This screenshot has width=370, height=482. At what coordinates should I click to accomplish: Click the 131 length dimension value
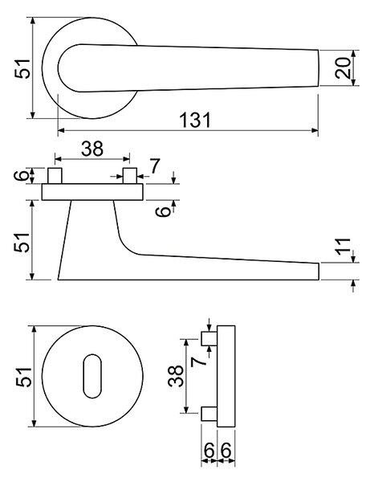tap(195, 120)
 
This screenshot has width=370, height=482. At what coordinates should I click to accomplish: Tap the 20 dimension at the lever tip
tap(343, 67)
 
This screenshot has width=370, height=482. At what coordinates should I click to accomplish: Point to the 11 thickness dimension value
tap(343, 247)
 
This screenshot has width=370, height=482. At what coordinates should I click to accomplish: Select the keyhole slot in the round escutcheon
tap(92, 376)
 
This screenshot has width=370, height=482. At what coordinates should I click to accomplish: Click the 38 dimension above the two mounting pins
tap(92, 149)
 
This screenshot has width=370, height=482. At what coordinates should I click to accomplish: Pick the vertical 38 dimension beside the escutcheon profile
tap(176, 376)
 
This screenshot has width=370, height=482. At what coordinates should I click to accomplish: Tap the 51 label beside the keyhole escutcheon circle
tap(23, 377)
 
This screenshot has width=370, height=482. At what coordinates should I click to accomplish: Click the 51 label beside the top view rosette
tap(22, 68)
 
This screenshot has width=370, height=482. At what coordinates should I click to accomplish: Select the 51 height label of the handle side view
tap(22, 243)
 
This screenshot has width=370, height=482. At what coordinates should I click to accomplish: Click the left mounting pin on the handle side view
tap(55, 176)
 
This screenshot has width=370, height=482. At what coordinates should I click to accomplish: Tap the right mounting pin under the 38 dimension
tap(129, 176)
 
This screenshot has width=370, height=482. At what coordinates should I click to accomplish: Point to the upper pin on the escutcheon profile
tap(209, 338)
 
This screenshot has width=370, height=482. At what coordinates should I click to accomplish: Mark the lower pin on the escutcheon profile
tap(209, 414)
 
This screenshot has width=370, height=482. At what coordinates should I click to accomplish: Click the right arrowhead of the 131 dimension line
tap(315, 130)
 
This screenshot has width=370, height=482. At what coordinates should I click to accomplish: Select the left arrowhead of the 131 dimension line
tap(62, 130)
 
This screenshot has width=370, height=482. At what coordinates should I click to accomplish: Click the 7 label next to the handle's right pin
tap(154, 166)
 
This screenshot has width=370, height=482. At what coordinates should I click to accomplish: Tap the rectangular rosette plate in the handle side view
tap(92, 192)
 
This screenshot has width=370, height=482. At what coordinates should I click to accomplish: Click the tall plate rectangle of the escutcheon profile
tap(226, 376)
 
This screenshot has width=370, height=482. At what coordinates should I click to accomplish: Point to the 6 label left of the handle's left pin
tap(22, 175)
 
